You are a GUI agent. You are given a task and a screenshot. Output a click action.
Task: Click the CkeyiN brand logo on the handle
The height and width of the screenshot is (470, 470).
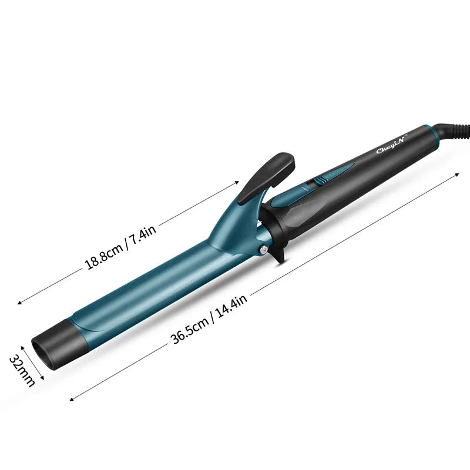pos(391,145)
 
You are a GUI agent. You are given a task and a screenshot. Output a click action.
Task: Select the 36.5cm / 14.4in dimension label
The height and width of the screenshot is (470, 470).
pos(209,319)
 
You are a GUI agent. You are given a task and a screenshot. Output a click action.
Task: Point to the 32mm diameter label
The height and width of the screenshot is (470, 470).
pos(22,371)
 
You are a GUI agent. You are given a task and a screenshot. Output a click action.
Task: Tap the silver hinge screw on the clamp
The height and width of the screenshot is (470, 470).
pos(264,249)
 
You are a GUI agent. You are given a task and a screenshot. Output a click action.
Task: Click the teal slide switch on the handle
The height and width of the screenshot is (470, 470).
pos(321,180)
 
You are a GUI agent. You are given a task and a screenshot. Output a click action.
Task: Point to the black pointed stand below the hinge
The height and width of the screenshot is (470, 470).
pos(278,253)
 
